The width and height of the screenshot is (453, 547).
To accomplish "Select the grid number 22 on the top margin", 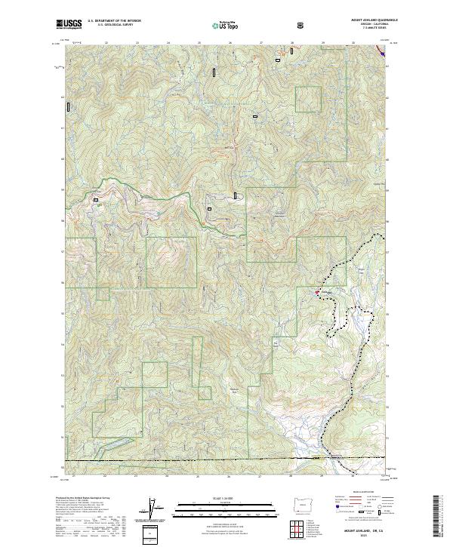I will point(106,43).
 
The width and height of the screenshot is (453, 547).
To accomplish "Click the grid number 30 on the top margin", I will point(354,43).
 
